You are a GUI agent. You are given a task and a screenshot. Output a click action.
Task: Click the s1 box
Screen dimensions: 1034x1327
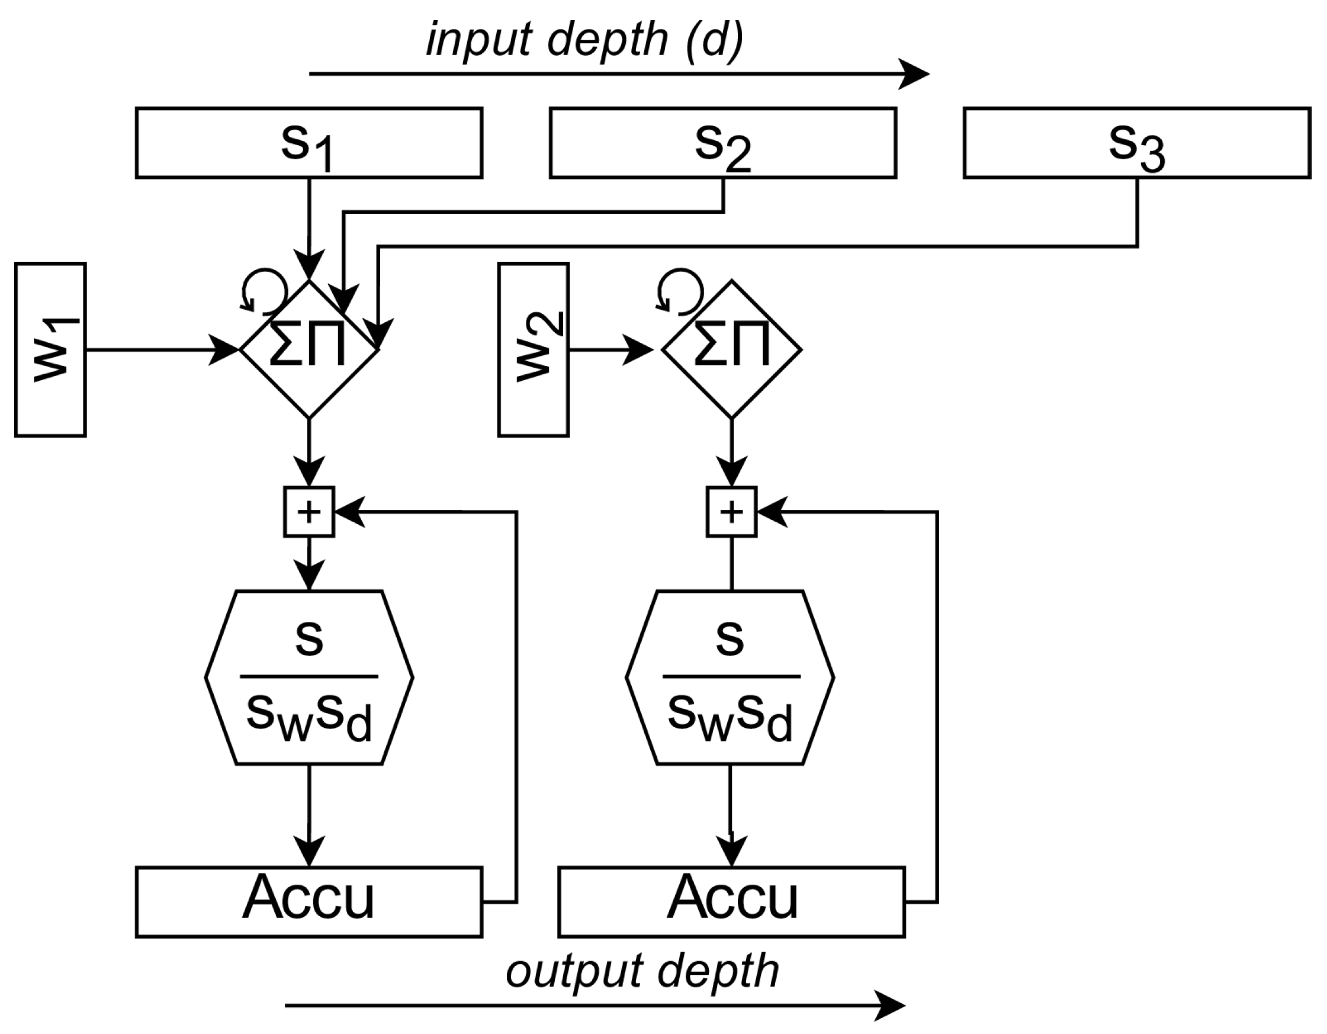tap(309, 143)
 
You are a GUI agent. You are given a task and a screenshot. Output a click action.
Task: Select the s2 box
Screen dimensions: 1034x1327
tap(722, 143)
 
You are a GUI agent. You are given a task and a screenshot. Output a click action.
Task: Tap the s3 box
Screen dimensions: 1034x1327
tap(1136, 143)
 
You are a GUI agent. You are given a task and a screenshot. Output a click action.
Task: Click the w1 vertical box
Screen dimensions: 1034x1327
tap(50, 350)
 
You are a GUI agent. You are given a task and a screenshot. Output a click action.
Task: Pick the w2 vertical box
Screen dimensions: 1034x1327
tap(533, 350)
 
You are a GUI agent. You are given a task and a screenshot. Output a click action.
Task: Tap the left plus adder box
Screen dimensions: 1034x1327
tap(309, 512)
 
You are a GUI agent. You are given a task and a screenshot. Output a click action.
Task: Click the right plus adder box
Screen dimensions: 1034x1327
tap(731, 512)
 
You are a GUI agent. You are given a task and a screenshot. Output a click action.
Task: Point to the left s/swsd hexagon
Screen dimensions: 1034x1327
tap(309, 677)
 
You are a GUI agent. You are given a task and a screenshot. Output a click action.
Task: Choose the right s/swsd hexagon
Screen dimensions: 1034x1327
tap(730, 677)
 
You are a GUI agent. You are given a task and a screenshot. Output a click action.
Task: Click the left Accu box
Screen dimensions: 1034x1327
tap(309, 902)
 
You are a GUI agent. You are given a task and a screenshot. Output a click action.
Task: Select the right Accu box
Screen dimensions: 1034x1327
tap(731, 902)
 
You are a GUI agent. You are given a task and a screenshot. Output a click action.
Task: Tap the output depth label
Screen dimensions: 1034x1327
tap(642, 971)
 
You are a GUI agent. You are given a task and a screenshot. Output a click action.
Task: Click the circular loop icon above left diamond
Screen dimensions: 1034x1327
tap(264, 291)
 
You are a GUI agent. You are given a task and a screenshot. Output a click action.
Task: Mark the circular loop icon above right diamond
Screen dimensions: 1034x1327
tap(680, 291)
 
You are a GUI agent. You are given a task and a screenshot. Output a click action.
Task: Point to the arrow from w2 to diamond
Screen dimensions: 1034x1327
tap(611, 350)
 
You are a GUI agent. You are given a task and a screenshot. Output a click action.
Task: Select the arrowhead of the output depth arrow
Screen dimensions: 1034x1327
tap(891, 1006)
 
